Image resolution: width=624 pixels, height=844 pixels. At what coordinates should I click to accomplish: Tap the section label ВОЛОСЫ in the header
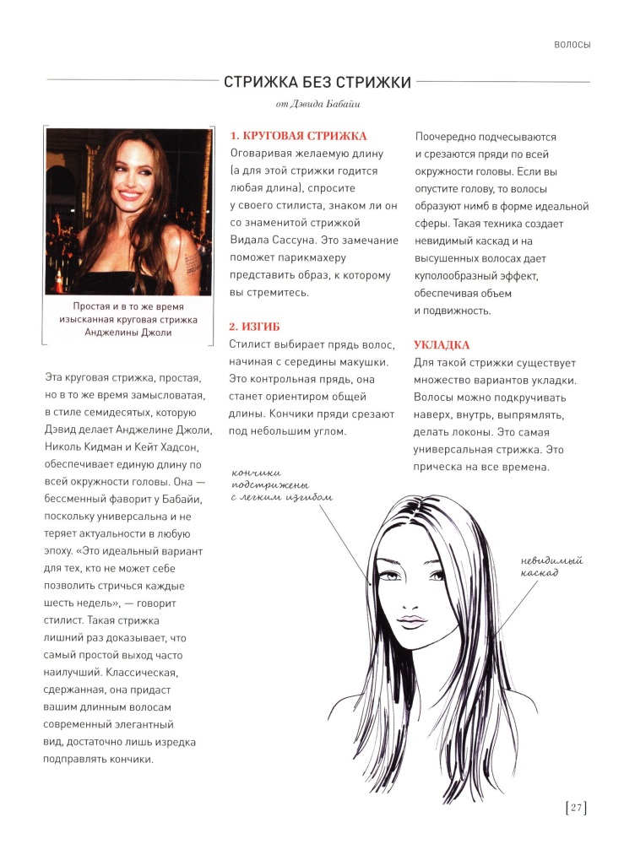571,45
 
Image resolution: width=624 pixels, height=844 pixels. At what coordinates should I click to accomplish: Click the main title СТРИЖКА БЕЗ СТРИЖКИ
317,82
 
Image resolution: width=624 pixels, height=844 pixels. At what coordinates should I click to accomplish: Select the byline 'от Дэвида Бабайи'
317,105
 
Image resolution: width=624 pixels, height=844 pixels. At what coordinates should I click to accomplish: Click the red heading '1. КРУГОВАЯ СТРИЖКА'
298,136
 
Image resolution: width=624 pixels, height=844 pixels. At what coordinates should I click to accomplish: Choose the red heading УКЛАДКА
441,345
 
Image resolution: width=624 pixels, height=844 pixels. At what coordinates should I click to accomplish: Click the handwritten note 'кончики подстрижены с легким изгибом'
282,485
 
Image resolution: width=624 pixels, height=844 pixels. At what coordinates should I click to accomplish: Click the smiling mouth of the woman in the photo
130,196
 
